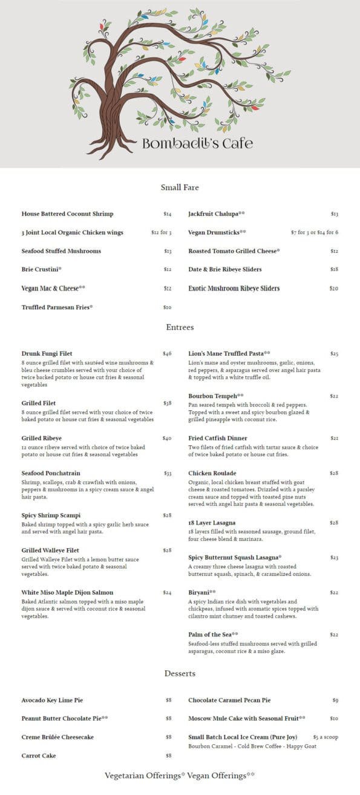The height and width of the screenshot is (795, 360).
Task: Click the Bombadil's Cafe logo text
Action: (197, 143)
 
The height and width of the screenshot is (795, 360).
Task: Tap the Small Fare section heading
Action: (180, 188)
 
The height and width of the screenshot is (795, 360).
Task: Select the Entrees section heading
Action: (180, 327)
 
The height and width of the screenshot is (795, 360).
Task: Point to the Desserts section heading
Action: (180, 673)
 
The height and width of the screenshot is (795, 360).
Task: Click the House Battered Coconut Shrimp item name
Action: (67, 214)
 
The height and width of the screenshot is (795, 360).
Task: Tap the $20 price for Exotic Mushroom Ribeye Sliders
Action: (333, 289)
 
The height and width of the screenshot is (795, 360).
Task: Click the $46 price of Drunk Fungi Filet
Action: (167, 353)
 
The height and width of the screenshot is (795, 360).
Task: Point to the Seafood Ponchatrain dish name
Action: (51, 473)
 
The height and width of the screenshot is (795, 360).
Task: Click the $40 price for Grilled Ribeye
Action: (167, 439)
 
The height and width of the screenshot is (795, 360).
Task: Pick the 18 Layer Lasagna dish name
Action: (212, 523)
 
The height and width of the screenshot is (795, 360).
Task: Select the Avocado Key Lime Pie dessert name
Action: (52, 701)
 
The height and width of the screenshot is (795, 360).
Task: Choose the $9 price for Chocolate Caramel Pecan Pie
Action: (335, 701)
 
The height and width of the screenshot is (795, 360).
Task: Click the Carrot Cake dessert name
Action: (39, 756)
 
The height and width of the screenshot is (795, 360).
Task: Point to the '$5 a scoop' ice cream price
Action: (326, 738)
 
